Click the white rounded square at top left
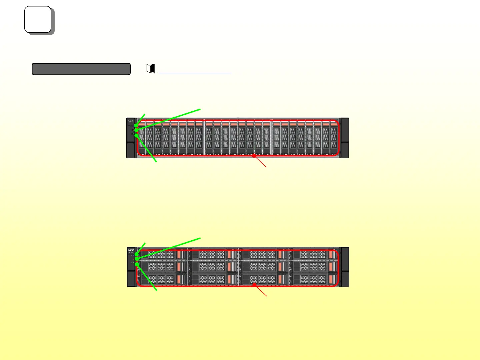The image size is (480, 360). [38, 19]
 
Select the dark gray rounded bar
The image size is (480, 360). [81, 69]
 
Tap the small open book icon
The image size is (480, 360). [151, 69]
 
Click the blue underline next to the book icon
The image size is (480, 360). [195, 72]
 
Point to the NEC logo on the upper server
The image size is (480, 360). [131, 121]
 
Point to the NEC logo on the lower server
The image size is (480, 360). [131, 250]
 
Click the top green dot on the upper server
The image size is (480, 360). [136, 125]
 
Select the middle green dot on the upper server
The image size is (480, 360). [136, 130]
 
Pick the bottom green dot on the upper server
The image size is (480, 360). [136, 135]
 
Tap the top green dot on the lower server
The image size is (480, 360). [137, 254]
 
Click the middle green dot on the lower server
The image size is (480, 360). [137, 259]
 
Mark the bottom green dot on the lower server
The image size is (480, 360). [137, 264]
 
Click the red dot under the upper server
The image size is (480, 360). [254, 155]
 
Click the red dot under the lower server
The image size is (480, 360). [254, 284]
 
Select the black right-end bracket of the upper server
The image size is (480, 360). [344, 138]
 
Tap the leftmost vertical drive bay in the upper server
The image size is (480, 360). [141, 138]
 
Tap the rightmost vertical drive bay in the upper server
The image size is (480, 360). [334, 138]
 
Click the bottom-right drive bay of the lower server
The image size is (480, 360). [314, 279]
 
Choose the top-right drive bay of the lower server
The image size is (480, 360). [314, 255]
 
